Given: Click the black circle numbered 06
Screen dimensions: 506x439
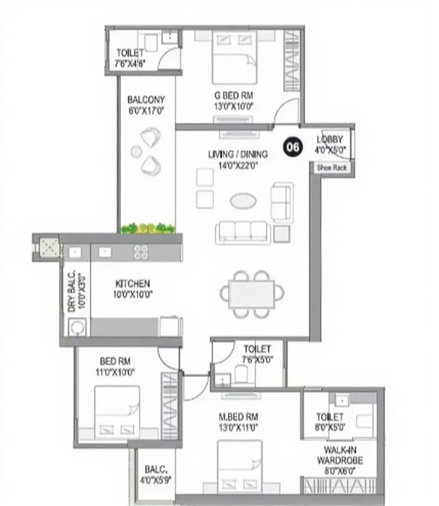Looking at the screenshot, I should pyautogui.click(x=293, y=147).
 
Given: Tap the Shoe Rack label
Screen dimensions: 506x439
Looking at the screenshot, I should pyautogui.click(x=332, y=168).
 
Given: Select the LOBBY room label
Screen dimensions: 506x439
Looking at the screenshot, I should pyautogui.click(x=330, y=140).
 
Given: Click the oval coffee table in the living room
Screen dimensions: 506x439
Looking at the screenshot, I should pyautogui.click(x=243, y=200).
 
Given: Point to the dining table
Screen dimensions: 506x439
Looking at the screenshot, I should pyautogui.click(x=252, y=294).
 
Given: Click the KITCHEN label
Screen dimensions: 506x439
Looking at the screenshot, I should pyautogui.click(x=133, y=283).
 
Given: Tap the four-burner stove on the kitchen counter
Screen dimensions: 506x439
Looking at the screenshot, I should pyautogui.click(x=141, y=252).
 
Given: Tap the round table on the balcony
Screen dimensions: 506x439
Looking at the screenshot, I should pyautogui.click(x=136, y=151).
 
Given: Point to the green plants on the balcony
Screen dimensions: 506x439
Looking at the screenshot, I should pyautogui.click(x=148, y=228).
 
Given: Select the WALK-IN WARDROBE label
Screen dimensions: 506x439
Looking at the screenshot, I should pyautogui.click(x=343, y=455).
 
